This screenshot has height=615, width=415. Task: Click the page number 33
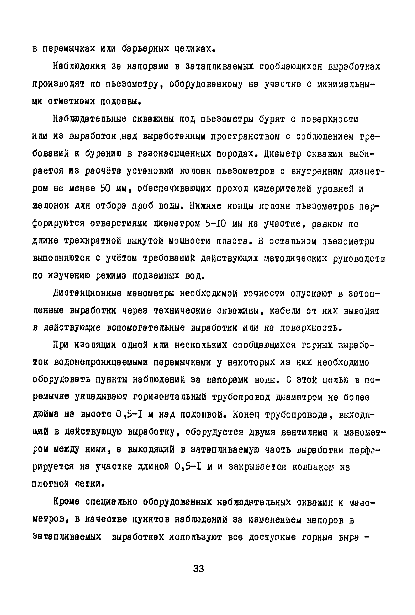tap(199, 568)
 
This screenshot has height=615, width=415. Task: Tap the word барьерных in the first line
tap(145, 49)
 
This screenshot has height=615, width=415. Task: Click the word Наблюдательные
tap(90, 119)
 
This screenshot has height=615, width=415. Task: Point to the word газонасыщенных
tap(175, 154)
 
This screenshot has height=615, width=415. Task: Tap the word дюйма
tap(45, 415)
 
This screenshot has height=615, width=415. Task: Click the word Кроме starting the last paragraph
tap(66, 502)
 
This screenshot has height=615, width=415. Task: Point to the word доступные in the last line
tap(273, 537)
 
